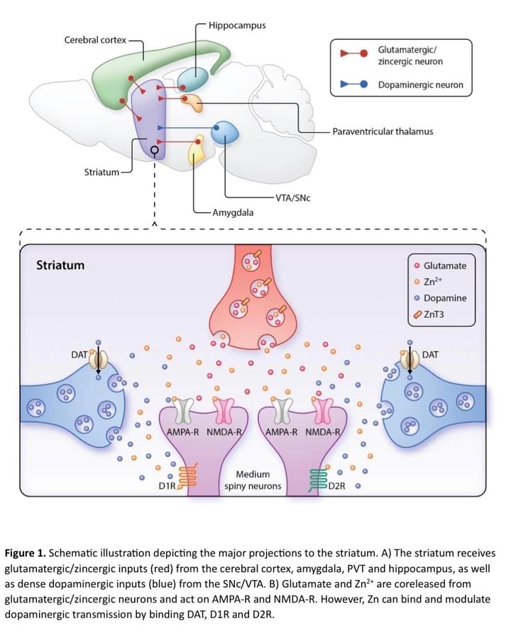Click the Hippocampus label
tap(237, 25)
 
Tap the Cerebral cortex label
tap(96, 40)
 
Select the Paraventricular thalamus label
tap(383, 131)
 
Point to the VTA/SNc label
tap(292, 197)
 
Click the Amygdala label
tap(233, 212)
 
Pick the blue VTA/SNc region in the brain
tap(225, 131)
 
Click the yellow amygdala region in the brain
tap(195, 150)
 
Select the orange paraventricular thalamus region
tap(192, 102)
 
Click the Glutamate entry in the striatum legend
tap(444, 265)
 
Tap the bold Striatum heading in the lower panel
tap(60, 265)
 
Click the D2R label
tap(336, 487)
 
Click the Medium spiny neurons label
tap(253, 481)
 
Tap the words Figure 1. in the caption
tap(26, 552)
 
